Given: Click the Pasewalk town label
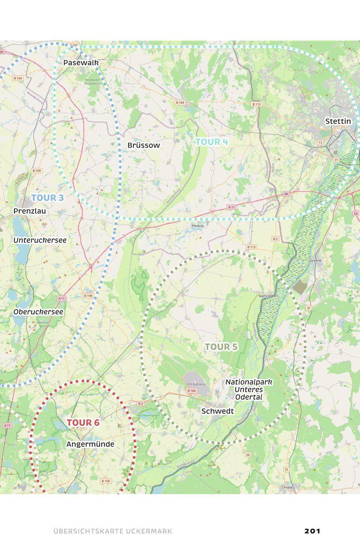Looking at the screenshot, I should (81, 62).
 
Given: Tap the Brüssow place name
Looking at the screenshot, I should (144, 145).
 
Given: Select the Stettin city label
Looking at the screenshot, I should (338, 121).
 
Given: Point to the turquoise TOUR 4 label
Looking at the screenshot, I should (212, 142).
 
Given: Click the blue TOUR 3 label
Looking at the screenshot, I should (47, 198).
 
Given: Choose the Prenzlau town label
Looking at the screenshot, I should (30, 211).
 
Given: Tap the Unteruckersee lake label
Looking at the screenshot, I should (40, 240).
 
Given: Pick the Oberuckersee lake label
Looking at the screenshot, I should (38, 312).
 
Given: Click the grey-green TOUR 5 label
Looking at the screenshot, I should (221, 347).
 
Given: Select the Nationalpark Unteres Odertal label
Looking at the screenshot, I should (249, 389).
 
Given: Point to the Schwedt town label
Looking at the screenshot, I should (217, 411).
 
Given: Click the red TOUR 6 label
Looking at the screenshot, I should (83, 423).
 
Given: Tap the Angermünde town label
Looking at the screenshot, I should (90, 444).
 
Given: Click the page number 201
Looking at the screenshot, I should (312, 531).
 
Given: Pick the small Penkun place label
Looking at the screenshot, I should (198, 225).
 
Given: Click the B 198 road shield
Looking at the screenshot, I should (88, 295).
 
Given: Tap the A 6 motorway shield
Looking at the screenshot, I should (286, 194).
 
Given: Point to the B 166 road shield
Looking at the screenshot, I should (192, 391).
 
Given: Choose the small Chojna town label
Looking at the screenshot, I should (287, 487).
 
